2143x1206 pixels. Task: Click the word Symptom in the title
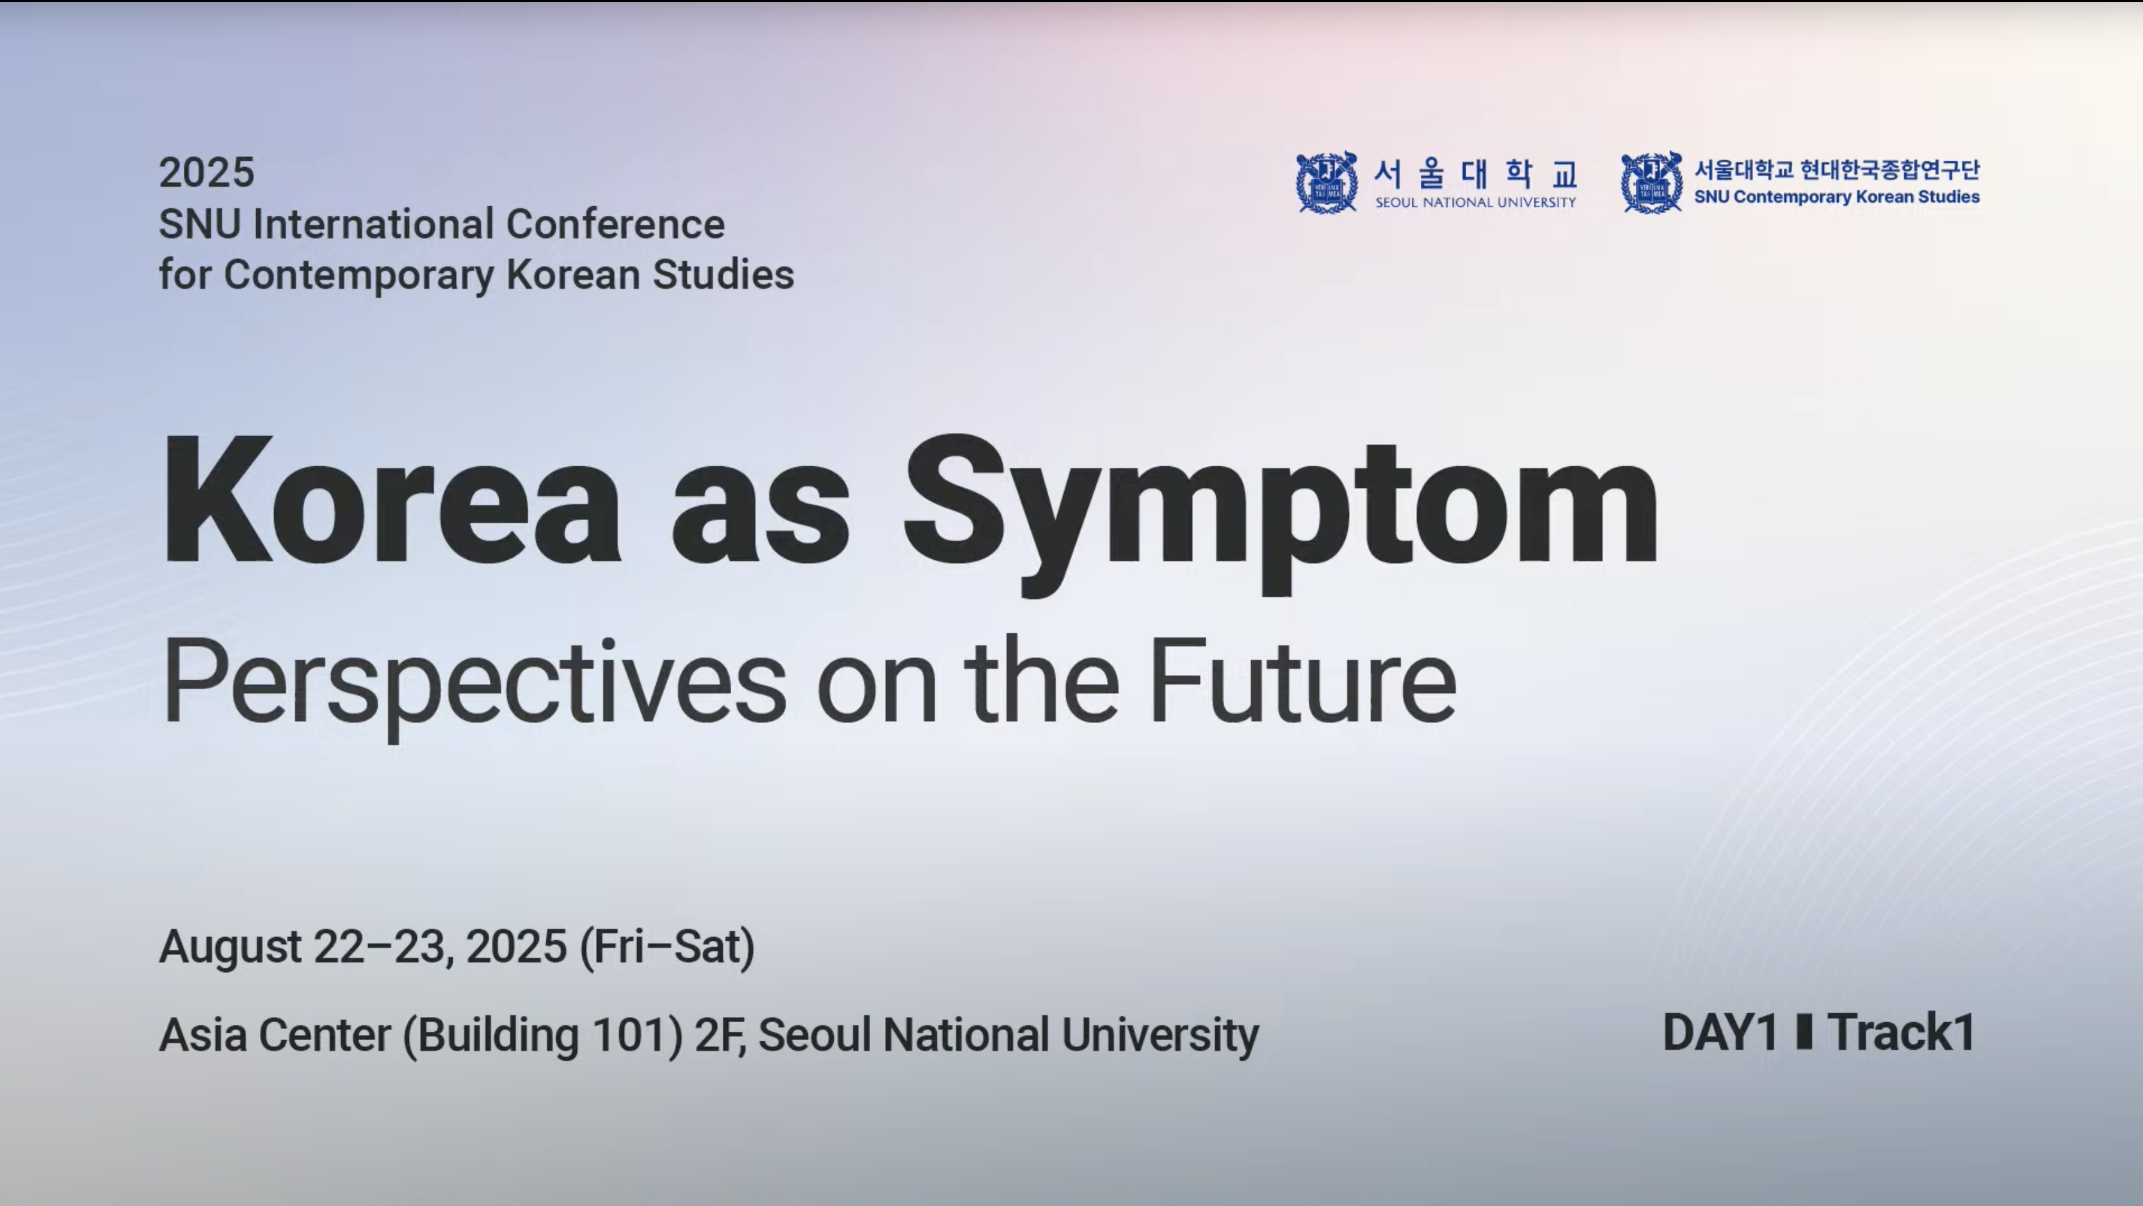pos(1281,514)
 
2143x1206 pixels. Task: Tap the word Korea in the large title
pos(391,500)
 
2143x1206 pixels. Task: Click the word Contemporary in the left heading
pos(359,275)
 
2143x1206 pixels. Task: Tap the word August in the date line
pos(230,947)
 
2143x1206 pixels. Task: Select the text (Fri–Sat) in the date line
pos(667,947)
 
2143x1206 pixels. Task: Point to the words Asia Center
pos(275,1034)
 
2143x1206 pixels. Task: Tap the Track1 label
pos(1901,1033)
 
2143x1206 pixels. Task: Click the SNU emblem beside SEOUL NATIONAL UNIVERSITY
pos(1327,183)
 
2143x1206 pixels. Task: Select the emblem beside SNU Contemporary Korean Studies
pos(1651,183)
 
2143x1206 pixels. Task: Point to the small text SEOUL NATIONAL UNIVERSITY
pos(1476,202)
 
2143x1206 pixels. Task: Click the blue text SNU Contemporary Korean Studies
pos(1837,197)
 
